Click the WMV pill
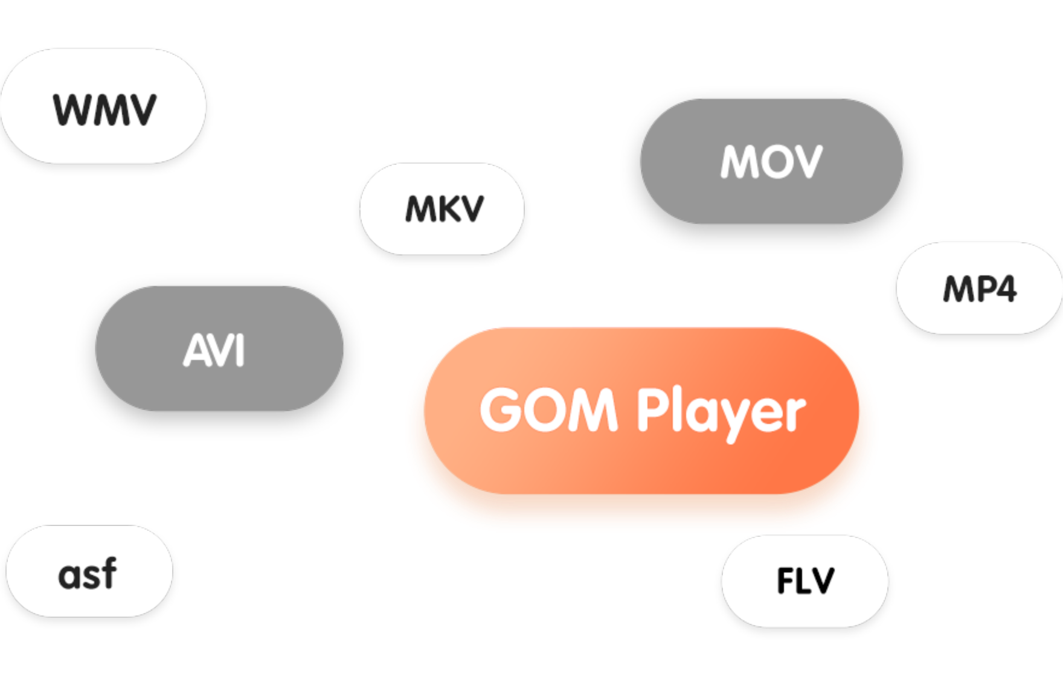103,106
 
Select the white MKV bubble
442,209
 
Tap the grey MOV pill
771,161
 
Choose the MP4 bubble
979,288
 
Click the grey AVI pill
219,348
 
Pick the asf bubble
89,571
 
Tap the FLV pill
804,581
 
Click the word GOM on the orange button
548,411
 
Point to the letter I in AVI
240,351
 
